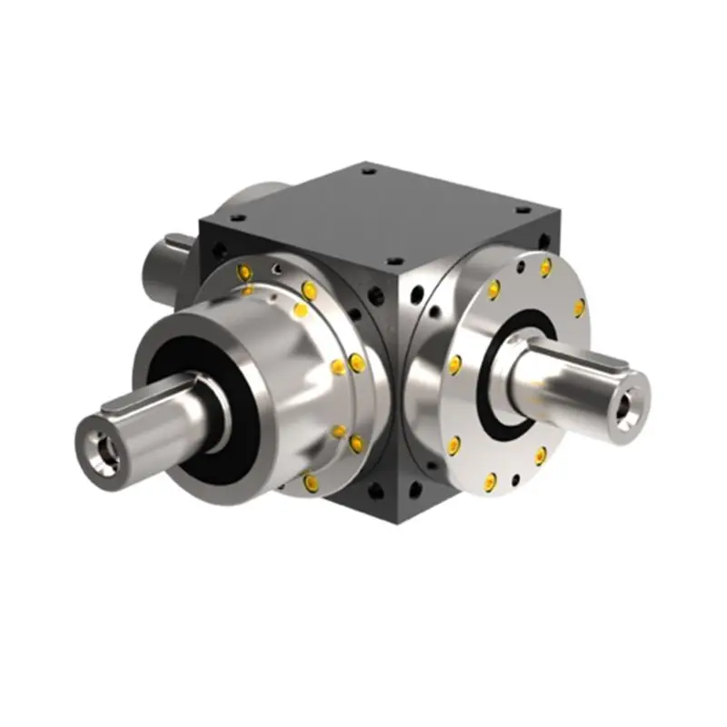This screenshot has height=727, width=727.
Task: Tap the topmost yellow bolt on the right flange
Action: (x=545, y=266)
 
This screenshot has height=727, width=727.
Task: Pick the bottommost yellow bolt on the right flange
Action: (x=492, y=479)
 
